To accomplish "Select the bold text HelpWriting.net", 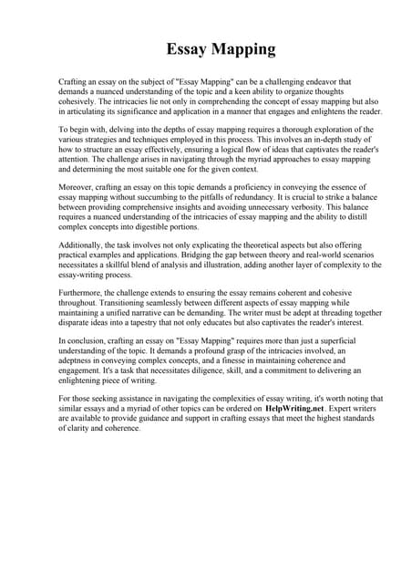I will pyautogui.click(x=294, y=408).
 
